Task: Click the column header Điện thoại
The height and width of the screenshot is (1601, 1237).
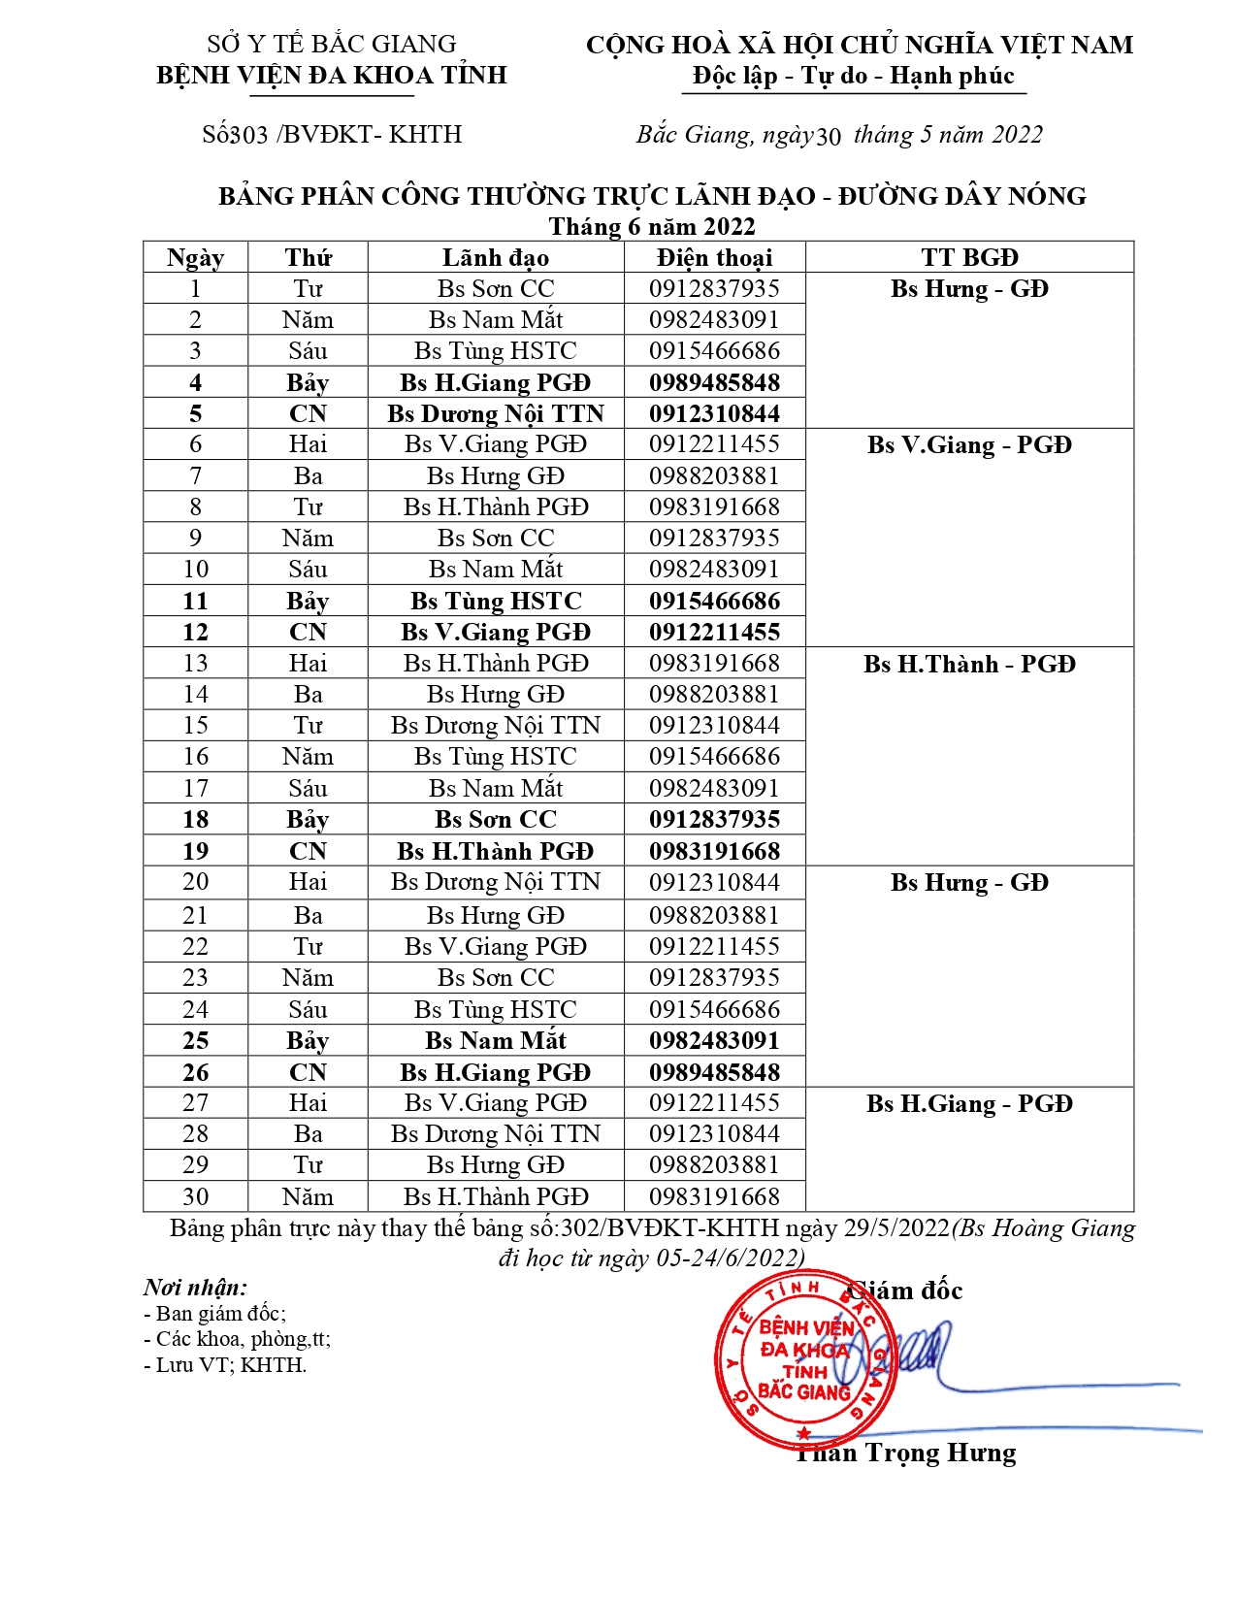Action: click(x=714, y=257)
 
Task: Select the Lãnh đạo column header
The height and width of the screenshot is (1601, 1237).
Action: click(x=496, y=257)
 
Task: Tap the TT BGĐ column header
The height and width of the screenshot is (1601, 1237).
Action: click(x=969, y=257)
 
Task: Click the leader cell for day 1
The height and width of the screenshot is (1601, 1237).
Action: click(x=496, y=288)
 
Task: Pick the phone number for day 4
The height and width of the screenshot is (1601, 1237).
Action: click(x=714, y=382)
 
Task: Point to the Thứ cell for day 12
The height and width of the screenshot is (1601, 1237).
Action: click(x=308, y=632)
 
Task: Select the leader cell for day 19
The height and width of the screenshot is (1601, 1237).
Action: click(x=496, y=851)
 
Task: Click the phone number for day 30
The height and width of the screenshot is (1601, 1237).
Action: click(x=714, y=1196)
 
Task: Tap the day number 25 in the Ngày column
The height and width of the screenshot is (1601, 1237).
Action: click(x=195, y=1040)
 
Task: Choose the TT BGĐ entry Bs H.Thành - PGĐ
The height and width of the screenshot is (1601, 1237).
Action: click(x=969, y=664)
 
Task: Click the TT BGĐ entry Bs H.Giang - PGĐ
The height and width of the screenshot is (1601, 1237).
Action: click(x=969, y=1103)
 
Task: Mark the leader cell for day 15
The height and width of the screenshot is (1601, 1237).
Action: click(x=496, y=725)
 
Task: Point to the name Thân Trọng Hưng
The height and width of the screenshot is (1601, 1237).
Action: click(x=906, y=1453)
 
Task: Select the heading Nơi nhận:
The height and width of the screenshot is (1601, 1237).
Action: click(x=195, y=1287)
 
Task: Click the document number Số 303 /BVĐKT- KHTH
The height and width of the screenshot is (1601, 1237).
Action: click(x=332, y=134)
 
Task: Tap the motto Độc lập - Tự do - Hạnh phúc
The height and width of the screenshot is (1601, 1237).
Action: click(x=854, y=76)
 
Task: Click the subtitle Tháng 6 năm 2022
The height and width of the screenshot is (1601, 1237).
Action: click(x=652, y=226)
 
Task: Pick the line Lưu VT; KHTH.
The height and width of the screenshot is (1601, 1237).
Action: click(x=225, y=1364)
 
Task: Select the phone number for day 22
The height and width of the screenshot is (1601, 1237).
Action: click(x=714, y=946)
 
